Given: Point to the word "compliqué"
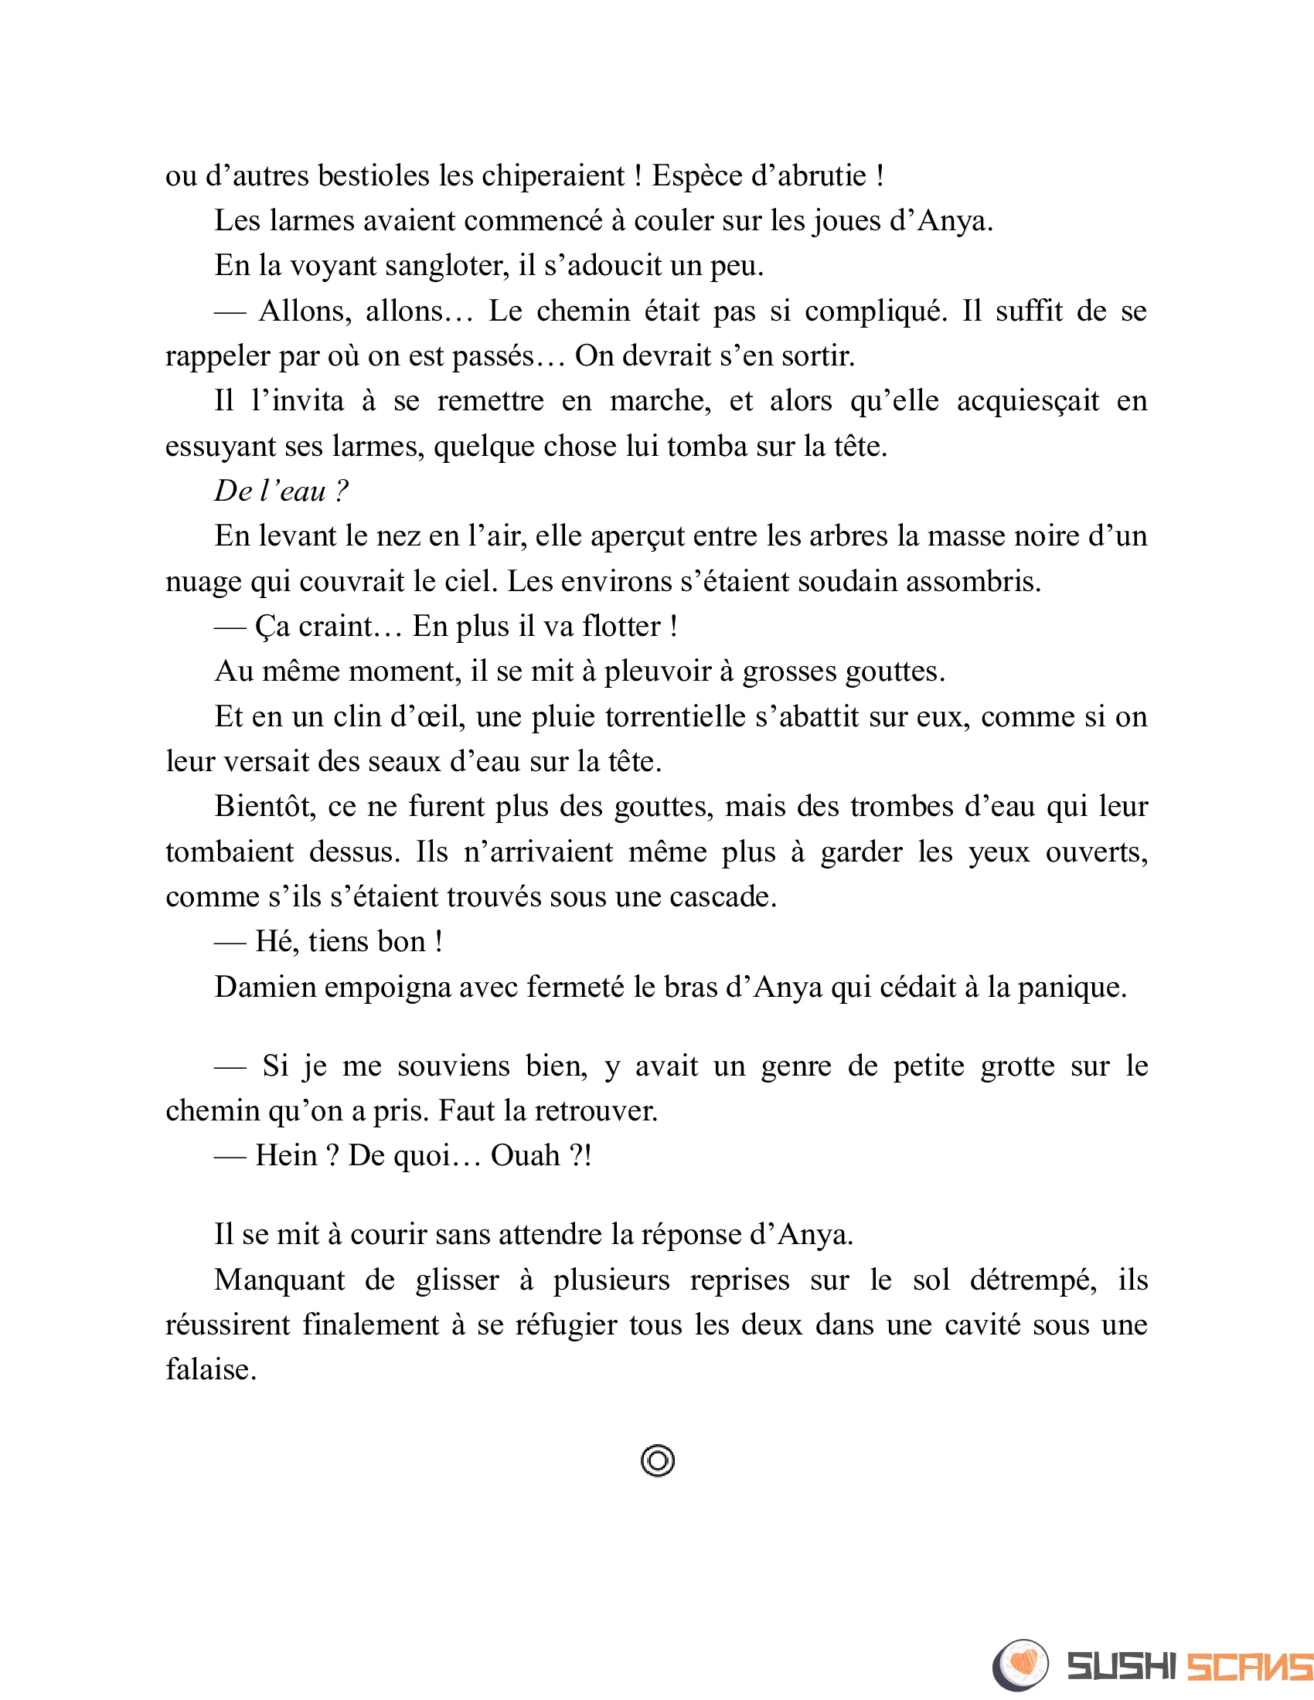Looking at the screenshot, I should tap(876, 311).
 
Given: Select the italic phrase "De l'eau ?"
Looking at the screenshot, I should tap(281, 491).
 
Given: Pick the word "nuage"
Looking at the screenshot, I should tap(203, 581).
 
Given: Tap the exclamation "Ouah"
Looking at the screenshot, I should tap(526, 1156).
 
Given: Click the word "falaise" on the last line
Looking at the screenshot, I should tap(210, 1370).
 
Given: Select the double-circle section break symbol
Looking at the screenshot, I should tap(658, 1461).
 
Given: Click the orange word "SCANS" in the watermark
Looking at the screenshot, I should tap(1248, 1667).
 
